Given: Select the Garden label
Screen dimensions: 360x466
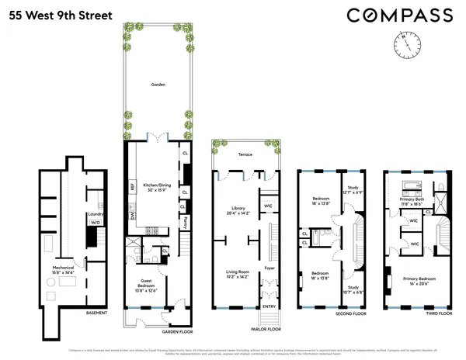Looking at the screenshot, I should (159, 85).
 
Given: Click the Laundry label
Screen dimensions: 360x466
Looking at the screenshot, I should (96, 213).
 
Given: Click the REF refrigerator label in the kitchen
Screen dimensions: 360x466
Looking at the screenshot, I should (133, 186).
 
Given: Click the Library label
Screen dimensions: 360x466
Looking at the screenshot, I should (238, 208).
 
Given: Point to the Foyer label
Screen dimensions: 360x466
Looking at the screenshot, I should (270, 268).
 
